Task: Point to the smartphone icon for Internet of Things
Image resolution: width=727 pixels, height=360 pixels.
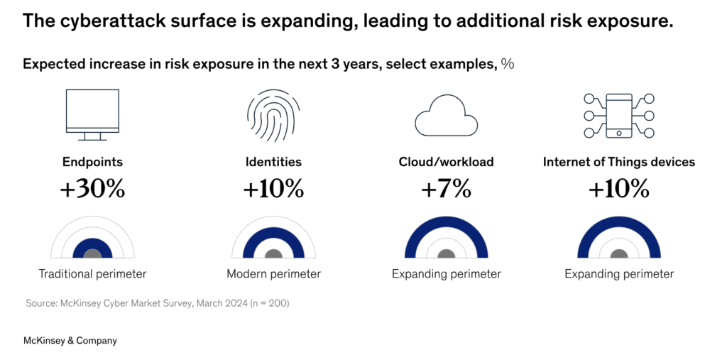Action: point(619,116)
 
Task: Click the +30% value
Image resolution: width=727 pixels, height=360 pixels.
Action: point(92,189)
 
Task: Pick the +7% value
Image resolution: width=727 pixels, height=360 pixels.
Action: point(446,189)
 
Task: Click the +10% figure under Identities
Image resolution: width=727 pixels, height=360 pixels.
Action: point(273,189)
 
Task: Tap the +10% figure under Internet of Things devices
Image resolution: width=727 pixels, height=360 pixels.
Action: point(619,189)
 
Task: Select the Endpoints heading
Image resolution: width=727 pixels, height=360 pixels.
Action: point(92,162)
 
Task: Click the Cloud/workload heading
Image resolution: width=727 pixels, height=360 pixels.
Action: point(446,162)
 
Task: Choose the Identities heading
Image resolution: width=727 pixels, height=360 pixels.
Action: point(273,162)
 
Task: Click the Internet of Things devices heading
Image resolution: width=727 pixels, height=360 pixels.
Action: point(619,162)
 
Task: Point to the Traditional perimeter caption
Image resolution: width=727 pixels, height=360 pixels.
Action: point(92,273)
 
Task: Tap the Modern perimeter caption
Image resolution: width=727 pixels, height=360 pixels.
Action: point(273,273)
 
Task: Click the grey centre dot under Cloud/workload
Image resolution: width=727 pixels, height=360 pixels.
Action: point(446,253)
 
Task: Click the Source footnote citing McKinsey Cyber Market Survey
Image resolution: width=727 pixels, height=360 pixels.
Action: point(158,304)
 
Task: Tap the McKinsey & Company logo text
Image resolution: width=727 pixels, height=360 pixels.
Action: point(70,341)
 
